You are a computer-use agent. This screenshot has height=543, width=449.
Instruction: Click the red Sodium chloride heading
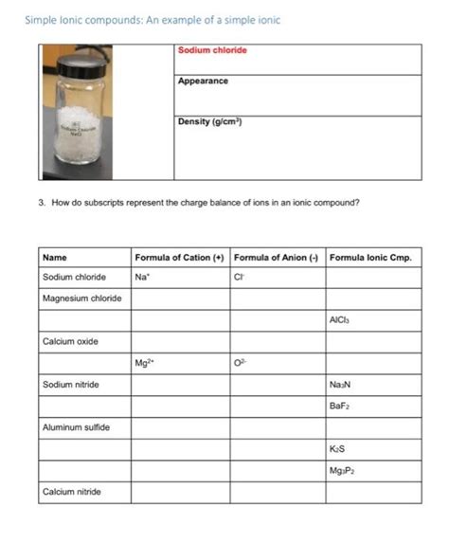coord(211,50)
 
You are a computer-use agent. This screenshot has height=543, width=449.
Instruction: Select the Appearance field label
coord(203,81)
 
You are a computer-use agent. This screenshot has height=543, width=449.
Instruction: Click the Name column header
coord(55,257)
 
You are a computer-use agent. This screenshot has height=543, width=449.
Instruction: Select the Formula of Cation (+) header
coord(179,257)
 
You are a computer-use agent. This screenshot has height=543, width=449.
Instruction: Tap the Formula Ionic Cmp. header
coord(370,257)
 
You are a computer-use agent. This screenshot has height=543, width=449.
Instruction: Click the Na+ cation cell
coord(143,278)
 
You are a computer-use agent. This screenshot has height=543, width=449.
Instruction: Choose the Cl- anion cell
coord(239,278)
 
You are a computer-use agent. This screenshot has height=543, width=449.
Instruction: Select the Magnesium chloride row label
coord(82,299)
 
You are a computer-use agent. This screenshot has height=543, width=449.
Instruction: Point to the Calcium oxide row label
coord(71,341)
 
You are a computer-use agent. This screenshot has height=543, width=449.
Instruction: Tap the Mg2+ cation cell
coord(146,362)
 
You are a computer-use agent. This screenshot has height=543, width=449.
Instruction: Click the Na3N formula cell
coord(340,385)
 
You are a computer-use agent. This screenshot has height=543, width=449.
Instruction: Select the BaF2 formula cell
coord(339,406)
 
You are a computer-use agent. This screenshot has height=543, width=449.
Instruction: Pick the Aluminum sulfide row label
coord(77,427)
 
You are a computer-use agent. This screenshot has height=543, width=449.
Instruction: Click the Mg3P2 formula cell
coord(342,471)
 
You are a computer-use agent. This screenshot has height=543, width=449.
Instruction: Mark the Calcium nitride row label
coord(72,492)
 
